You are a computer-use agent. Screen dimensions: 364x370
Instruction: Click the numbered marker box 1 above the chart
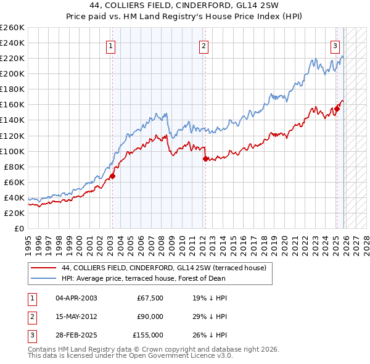[x=111, y=45]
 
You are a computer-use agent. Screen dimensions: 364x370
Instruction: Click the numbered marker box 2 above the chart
[x=203, y=45]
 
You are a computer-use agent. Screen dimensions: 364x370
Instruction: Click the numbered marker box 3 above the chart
[x=335, y=45]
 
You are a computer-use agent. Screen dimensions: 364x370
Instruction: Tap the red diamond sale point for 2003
[x=112, y=176]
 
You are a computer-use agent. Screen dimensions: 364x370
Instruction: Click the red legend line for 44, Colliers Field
[x=43, y=268]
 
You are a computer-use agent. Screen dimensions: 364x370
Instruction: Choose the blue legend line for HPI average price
[x=43, y=278]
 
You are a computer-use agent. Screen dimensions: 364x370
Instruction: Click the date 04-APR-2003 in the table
[x=76, y=298]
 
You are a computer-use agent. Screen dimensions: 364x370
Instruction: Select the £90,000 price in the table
[x=150, y=316]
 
